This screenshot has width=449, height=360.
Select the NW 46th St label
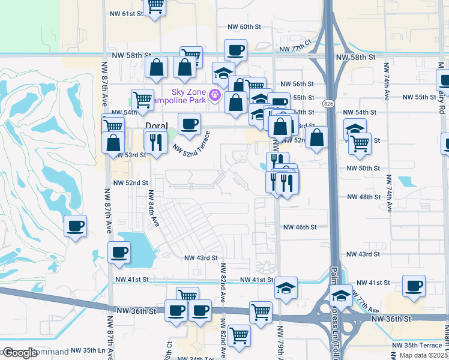click(x=300, y=227)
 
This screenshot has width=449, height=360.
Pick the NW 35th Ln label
click(x=87, y=349)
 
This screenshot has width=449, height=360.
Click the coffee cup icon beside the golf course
click(x=76, y=226)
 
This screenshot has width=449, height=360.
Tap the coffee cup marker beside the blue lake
click(x=119, y=252)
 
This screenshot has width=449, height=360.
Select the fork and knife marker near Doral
click(x=155, y=142)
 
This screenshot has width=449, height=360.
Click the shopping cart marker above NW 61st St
click(x=155, y=5)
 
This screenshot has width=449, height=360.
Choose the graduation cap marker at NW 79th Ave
click(x=286, y=288)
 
